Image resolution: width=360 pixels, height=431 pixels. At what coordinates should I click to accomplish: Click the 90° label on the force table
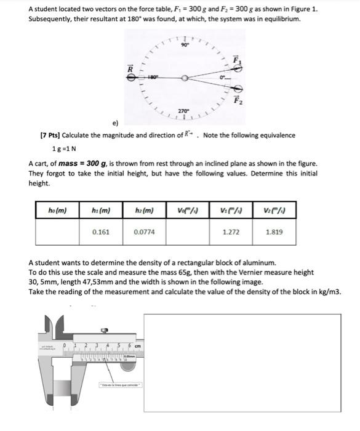click(185, 44)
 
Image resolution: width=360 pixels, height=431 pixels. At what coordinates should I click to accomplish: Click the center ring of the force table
click(185, 78)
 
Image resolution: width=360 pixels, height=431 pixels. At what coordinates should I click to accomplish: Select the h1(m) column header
click(100, 211)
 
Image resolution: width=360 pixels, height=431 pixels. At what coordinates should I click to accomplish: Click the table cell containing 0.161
click(100, 233)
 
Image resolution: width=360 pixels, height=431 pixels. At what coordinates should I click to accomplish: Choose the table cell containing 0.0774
click(144, 233)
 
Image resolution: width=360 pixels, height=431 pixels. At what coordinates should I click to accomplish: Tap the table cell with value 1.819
click(274, 233)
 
